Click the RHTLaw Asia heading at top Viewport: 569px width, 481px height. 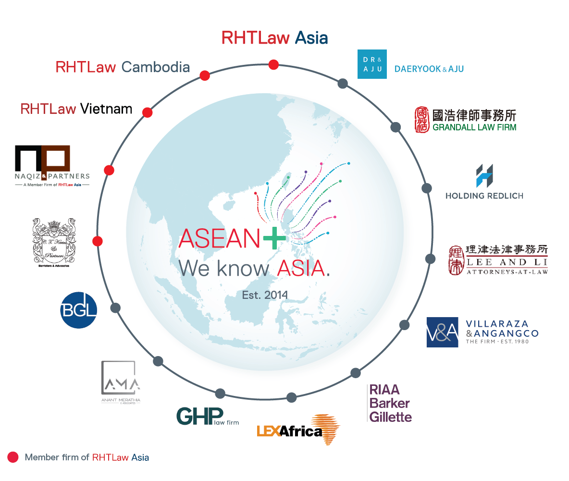[x=274, y=38]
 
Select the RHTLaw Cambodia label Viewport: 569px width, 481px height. [x=123, y=67]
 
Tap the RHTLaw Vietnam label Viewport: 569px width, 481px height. [x=76, y=109]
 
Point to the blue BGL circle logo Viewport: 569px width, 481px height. [x=79, y=310]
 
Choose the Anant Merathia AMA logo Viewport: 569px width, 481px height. [x=120, y=382]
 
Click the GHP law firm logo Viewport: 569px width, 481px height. [x=207, y=416]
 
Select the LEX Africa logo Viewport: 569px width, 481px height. [x=298, y=429]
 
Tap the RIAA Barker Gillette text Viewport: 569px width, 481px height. [x=390, y=403]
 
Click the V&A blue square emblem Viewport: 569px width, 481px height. [x=442, y=332]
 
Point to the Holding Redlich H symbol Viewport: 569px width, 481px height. [x=484, y=176]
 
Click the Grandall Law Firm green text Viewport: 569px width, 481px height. [x=474, y=127]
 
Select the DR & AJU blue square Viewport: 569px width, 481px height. [x=372, y=64]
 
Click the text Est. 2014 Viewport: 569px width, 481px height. [x=265, y=294]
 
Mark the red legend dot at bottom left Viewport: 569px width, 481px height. [x=13, y=457]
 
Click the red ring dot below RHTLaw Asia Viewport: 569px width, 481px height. [x=273, y=64]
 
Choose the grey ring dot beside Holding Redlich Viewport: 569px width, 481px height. [x=426, y=188]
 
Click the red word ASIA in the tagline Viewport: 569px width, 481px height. [x=301, y=268]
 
